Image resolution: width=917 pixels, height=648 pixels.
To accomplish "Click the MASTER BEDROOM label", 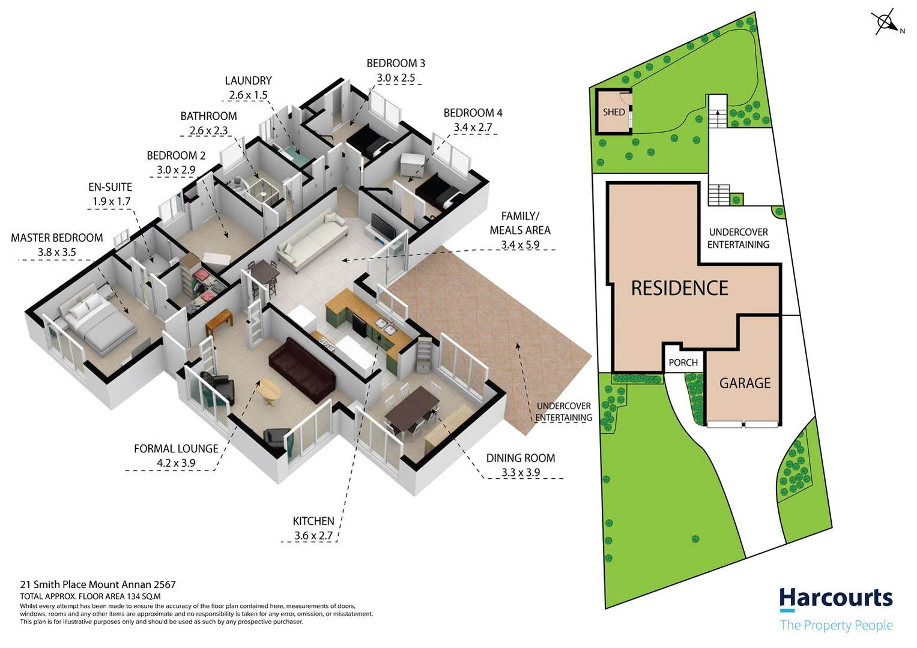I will pyautogui.click(x=57, y=238).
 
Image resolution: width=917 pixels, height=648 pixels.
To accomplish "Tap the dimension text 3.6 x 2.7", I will pyautogui.click(x=313, y=536).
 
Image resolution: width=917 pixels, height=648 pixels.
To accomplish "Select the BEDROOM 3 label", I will pyautogui.click(x=396, y=64).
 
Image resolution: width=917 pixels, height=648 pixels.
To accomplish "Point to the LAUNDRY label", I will pyautogui.click(x=248, y=80).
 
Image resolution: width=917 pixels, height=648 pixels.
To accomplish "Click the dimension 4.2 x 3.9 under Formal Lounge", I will pyautogui.click(x=176, y=463).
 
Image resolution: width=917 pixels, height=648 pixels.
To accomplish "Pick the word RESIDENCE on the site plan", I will pyautogui.click(x=679, y=289).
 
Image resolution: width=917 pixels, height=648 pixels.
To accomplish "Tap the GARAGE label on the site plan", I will pyautogui.click(x=745, y=383).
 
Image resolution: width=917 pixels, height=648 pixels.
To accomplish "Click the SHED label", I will pyautogui.click(x=614, y=112).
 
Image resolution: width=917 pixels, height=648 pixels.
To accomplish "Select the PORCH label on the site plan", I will pyautogui.click(x=683, y=362).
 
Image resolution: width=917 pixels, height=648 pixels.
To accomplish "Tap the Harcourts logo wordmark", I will pyautogui.click(x=835, y=598).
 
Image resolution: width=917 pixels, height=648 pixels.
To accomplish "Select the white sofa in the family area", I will pyautogui.click(x=312, y=241).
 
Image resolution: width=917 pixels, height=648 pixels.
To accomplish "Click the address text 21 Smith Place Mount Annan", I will pyautogui.click(x=98, y=584).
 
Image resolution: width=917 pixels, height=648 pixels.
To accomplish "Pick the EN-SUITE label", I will pyautogui.click(x=110, y=187).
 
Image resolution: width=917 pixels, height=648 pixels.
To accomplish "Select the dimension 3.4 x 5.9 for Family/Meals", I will pyautogui.click(x=520, y=245).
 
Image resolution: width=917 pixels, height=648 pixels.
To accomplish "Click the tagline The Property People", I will pyautogui.click(x=836, y=625).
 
